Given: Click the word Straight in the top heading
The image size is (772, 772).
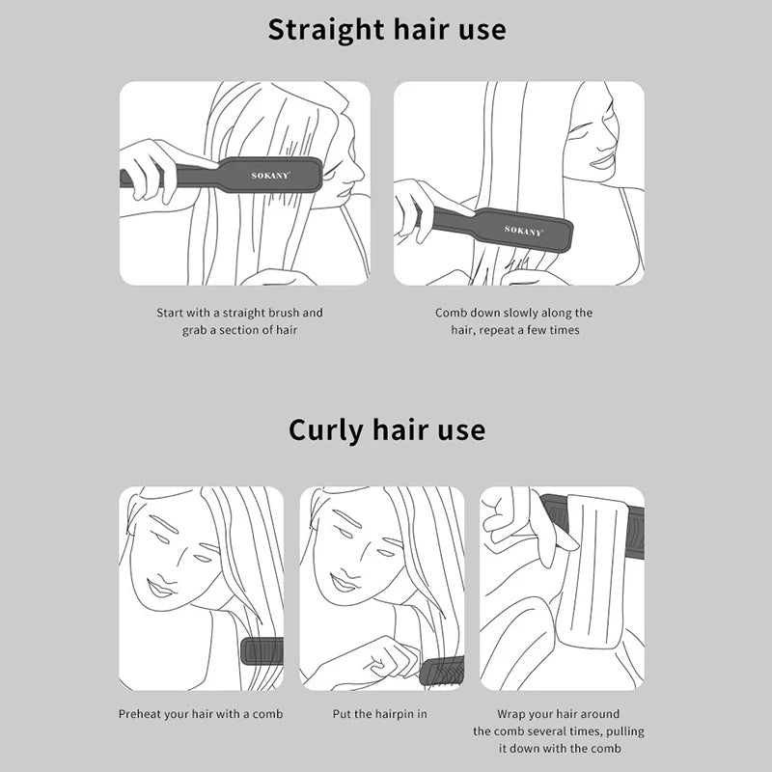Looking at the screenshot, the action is coord(326,31).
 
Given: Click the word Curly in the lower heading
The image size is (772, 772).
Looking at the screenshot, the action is coord(326,430).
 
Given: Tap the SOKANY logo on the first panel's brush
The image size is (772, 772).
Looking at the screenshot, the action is coord(270,176).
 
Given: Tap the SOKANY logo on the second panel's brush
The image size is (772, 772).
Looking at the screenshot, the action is coord(523,231).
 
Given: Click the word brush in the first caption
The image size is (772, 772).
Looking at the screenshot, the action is coord(283,313).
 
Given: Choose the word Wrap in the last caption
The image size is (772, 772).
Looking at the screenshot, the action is coord(510,714).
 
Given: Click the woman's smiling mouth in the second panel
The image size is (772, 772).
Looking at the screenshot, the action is coord(601,161).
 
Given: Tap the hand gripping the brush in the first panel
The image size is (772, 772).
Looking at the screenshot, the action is coord(148,170).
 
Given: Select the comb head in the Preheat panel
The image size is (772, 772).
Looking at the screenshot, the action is coord(262,650).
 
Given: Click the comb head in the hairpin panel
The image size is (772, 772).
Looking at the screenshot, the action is coord(442,671).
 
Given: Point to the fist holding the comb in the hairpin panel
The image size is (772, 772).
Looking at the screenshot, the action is coord(392,657).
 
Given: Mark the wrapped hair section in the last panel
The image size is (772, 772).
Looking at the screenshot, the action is coord(594,571).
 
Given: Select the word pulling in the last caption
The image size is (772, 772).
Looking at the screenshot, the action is coord(624,732).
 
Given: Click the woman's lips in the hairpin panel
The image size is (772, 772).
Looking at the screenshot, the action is coord(344,584).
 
